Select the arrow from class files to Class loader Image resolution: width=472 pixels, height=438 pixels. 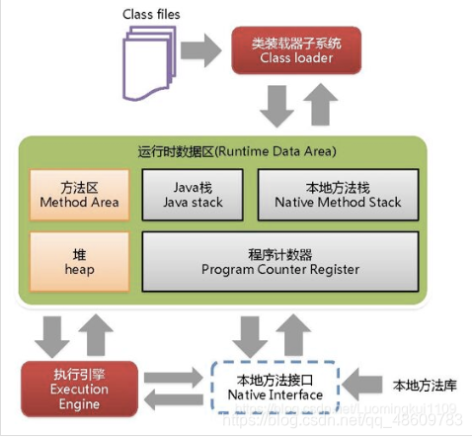point(207,46)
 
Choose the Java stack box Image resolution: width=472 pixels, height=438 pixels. point(194,194)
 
